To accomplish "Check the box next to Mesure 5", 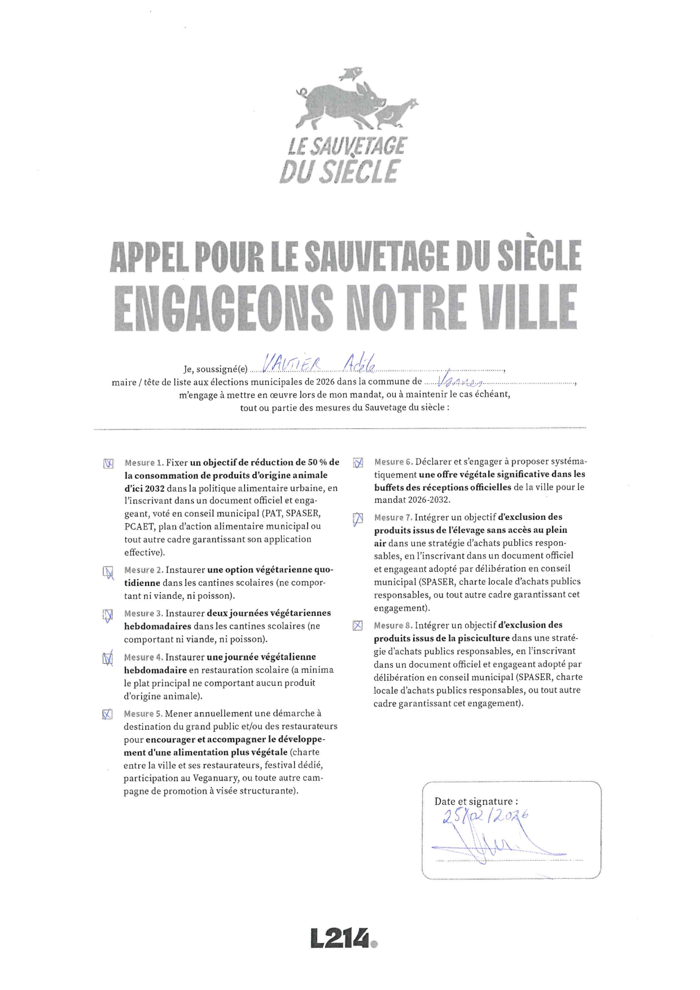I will tap(107, 715).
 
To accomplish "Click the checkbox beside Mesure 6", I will tap(358, 463).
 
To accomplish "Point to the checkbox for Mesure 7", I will tap(358, 518).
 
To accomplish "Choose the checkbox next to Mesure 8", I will tap(357, 625).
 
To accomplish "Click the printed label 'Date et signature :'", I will tap(476, 801).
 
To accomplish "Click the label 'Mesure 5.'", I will tap(143, 713).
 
